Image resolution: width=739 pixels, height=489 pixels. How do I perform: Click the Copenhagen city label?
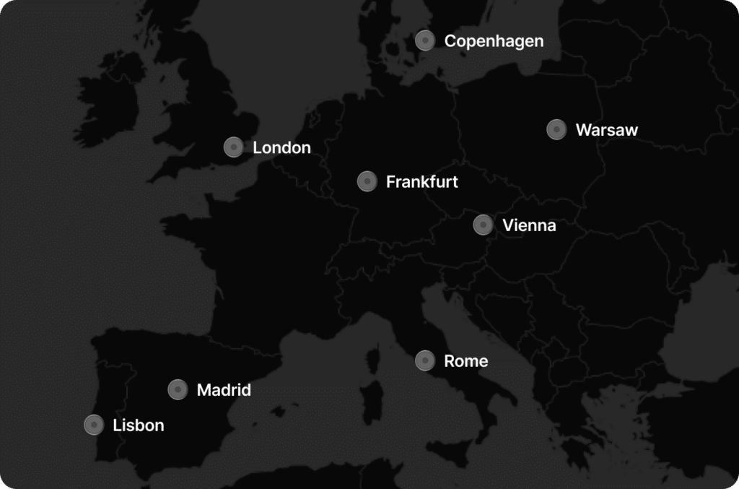494,41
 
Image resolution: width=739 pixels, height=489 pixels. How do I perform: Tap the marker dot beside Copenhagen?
425,40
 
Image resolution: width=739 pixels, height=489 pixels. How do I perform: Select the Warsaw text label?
606,130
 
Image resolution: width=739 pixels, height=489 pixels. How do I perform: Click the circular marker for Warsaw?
556,129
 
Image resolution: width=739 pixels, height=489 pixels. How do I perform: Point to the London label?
281,148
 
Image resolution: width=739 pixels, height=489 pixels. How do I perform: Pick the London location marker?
233,147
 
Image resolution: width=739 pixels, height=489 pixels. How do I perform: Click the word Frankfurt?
421,181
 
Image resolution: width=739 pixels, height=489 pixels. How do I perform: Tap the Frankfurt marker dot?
367,181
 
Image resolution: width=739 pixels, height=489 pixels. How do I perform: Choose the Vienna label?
529,225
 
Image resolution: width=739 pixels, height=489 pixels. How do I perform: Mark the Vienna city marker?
483,225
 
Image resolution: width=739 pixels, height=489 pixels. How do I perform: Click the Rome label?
465,361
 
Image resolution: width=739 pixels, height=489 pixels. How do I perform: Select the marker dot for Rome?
425,360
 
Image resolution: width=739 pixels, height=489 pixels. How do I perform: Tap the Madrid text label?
224,391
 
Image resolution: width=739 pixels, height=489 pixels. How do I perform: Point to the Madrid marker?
178,390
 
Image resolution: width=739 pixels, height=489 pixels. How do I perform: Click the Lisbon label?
139,425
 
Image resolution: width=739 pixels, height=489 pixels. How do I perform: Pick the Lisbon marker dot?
94,425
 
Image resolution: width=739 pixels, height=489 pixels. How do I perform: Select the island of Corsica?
373,359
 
